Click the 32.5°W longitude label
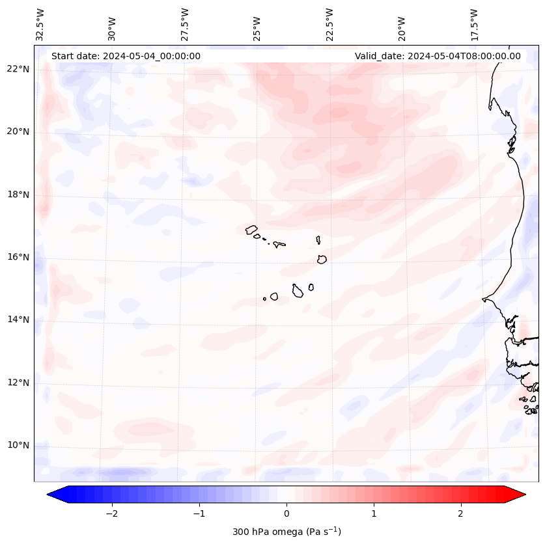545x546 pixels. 40,24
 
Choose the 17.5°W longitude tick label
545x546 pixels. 474,24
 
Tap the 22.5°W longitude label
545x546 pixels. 329,24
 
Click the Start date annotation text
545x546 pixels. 126,56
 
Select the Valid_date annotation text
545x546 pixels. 438,56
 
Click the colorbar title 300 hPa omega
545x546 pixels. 286,532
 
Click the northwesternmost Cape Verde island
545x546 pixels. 251,229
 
